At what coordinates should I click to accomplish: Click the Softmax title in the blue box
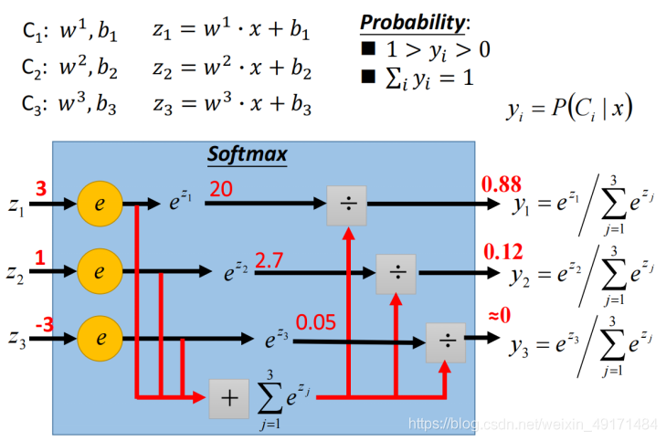pyautogui.click(x=247, y=154)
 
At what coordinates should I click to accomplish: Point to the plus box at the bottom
pyautogui.click(x=228, y=398)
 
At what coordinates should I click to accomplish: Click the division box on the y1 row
pyautogui.click(x=347, y=205)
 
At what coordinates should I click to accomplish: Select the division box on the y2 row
pyautogui.click(x=396, y=272)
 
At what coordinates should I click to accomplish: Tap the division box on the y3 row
pyautogui.click(x=445, y=340)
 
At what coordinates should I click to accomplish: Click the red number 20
pyautogui.click(x=221, y=188)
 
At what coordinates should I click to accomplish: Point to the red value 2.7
pyautogui.click(x=270, y=260)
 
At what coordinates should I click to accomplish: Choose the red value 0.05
pyautogui.click(x=316, y=322)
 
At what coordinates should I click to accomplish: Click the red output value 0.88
pyautogui.click(x=501, y=185)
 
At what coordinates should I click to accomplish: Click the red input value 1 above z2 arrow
pyautogui.click(x=39, y=258)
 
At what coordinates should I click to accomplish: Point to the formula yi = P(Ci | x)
pyautogui.click(x=569, y=110)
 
